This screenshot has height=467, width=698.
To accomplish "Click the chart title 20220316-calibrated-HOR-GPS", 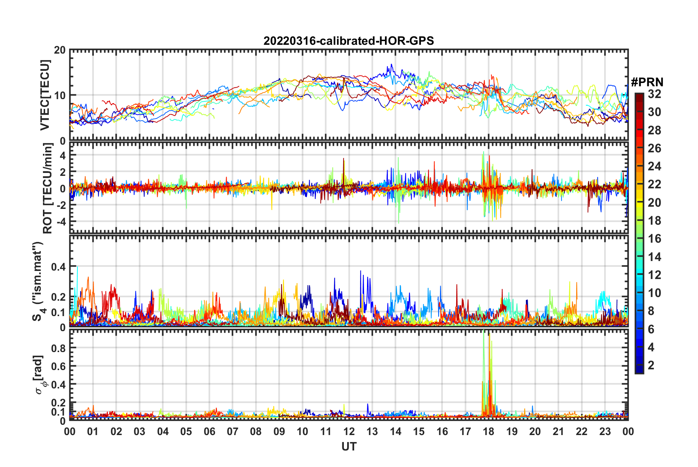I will pyautogui.click(x=349, y=41).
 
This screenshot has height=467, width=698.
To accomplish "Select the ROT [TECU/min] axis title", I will pyautogui.click(x=48, y=188).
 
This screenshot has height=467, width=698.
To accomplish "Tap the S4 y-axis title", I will pyautogui.click(x=38, y=281).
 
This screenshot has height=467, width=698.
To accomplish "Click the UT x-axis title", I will pyautogui.click(x=349, y=446).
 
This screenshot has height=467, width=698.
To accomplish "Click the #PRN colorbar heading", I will pyautogui.click(x=647, y=82).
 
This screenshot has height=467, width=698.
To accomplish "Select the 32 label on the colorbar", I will pyautogui.click(x=654, y=94).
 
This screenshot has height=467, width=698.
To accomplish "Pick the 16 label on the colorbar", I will pyautogui.click(x=654, y=239).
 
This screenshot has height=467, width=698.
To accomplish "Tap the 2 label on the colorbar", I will pyautogui.click(x=651, y=365).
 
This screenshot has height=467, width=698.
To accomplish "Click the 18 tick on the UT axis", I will pyautogui.click(x=488, y=431).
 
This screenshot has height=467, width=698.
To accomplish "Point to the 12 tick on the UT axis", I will pyautogui.click(x=349, y=431).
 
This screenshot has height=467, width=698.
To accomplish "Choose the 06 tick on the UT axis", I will pyautogui.click(x=209, y=431).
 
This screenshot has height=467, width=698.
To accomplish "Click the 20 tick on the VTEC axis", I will pyautogui.click(x=60, y=50).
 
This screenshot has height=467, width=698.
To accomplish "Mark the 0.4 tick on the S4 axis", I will pyautogui.click(x=59, y=267).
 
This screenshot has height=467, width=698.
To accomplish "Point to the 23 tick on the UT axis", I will pyautogui.click(x=605, y=431).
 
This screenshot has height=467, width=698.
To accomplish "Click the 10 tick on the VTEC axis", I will pyautogui.click(x=60, y=95).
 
